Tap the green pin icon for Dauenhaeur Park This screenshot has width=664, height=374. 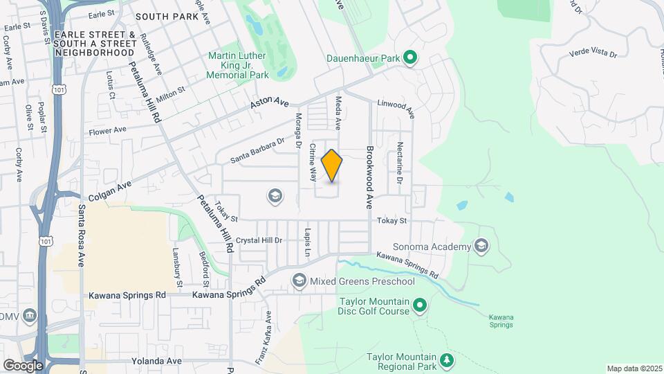click(x=409, y=58)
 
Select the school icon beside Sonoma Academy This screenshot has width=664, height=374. click(x=481, y=246)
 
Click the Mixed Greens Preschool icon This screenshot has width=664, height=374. click(x=299, y=280)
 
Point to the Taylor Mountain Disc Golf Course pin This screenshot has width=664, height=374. click(x=419, y=305)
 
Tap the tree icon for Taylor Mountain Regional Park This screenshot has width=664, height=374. click(x=447, y=359)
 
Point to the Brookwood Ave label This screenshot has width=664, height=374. click(x=370, y=168)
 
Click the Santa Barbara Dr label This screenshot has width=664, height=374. click(x=258, y=150)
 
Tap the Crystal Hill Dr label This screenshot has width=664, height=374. click(x=259, y=240)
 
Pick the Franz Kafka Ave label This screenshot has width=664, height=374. click(x=266, y=328)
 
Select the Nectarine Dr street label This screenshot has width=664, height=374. click(x=400, y=163)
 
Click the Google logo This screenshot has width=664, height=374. click(x=23, y=365)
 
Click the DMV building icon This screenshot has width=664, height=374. click(x=30, y=317)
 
